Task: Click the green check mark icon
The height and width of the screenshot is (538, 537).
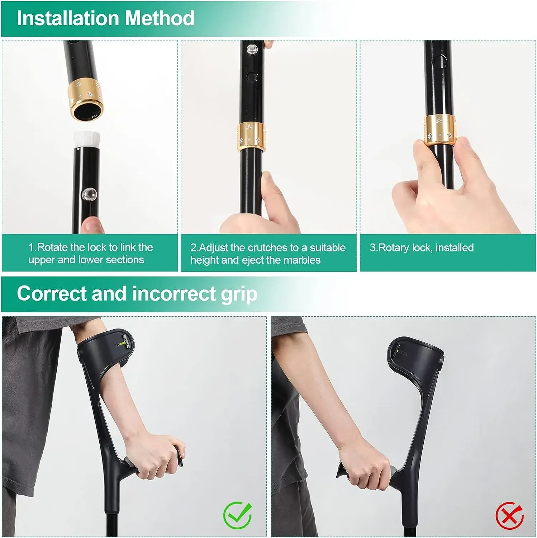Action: pyautogui.click(x=237, y=515)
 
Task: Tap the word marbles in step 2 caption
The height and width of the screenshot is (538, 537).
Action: pyautogui.click(x=302, y=260)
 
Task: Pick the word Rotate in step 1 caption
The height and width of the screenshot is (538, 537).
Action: pyautogui.click(x=53, y=247)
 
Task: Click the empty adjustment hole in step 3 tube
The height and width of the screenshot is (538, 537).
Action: pyautogui.click(x=440, y=61)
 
